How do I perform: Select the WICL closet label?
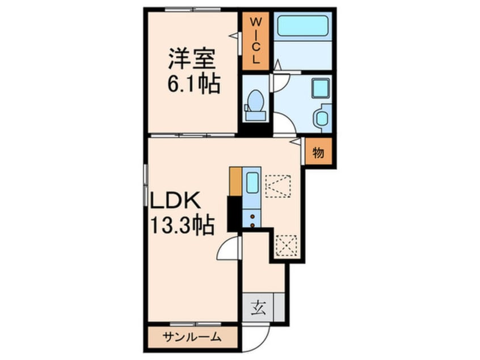(255, 41)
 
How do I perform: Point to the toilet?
(255, 104)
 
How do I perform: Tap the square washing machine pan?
(319, 89)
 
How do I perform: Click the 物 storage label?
(318, 152)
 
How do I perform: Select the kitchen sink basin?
(252, 183)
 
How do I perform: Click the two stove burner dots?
(252, 220)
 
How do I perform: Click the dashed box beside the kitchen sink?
(278, 186)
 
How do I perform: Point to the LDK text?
(175, 201)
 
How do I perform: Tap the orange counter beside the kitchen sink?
(235, 182)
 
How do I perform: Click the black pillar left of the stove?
(234, 214)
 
